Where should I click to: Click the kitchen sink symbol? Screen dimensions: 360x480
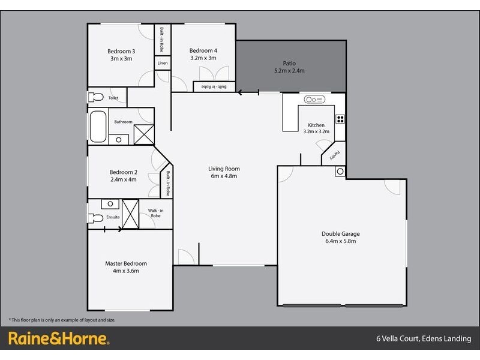[314, 99]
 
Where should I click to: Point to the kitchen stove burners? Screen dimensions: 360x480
[340, 118]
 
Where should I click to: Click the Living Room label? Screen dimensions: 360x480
[224, 169]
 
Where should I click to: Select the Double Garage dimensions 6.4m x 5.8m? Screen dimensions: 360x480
[340, 241]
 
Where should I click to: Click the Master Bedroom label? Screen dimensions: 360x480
[126, 263]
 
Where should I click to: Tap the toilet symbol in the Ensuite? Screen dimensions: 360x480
[95, 218]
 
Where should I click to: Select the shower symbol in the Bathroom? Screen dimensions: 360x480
[144, 134]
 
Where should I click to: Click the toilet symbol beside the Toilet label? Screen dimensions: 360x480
[95, 97]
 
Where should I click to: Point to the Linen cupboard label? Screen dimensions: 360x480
[162, 63]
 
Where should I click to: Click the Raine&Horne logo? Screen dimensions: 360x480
[58, 338]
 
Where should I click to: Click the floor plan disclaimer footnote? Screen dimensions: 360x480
[62, 320]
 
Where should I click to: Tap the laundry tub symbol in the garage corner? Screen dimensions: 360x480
[340, 172]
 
